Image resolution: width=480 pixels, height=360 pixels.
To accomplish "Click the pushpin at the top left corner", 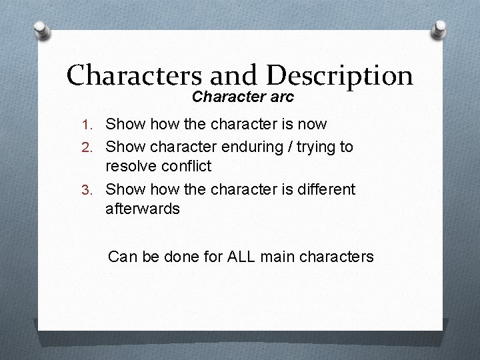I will tap(43, 31).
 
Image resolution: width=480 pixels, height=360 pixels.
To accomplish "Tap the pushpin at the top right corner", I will tap(439, 29).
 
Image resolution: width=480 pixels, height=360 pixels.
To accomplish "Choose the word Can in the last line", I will tap(121, 255).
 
